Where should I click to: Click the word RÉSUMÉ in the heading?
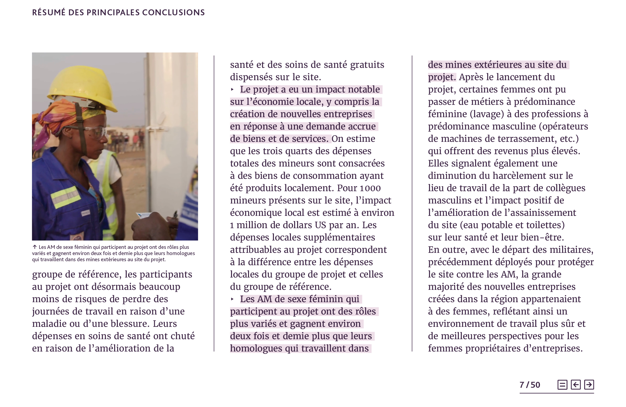(x=49, y=12)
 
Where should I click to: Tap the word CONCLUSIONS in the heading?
(x=173, y=12)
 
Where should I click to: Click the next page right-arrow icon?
(x=589, y=385)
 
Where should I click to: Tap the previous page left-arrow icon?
(x=575, y=385)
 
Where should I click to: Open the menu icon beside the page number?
(x=562, y=385)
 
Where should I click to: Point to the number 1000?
(x=370, y=188)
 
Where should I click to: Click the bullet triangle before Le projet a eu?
(x=232, y=90)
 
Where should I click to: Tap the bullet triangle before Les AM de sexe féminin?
(x=232, y=299)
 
